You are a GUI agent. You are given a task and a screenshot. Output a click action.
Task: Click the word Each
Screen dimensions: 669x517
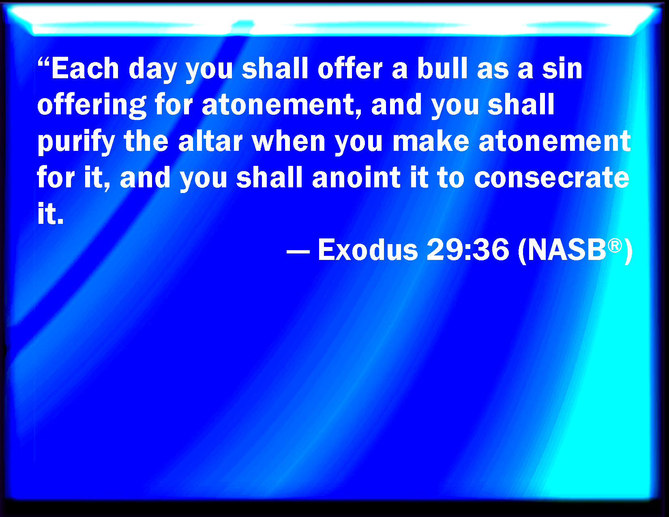[x=85, y=68]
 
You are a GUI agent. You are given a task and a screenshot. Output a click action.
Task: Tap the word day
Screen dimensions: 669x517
[x=152, y=70]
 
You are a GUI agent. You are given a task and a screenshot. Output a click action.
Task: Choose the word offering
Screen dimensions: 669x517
[x=92, y=106]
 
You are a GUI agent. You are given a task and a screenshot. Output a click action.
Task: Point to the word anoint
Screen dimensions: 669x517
[x=356, y=177]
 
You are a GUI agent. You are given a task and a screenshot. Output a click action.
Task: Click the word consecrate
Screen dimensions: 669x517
[x=551, y=178]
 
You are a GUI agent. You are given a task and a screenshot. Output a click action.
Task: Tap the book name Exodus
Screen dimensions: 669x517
[x=368, y=250]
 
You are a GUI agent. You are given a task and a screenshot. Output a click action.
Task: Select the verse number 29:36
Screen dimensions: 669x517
[x=468, y=250]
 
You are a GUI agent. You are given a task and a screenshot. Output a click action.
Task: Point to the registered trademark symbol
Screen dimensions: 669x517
[x=615, y=246]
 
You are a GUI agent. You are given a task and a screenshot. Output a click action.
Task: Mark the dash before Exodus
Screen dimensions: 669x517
[x=298, y=251]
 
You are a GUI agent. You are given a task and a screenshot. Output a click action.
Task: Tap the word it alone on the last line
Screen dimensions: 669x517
[x=50, y=213]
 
